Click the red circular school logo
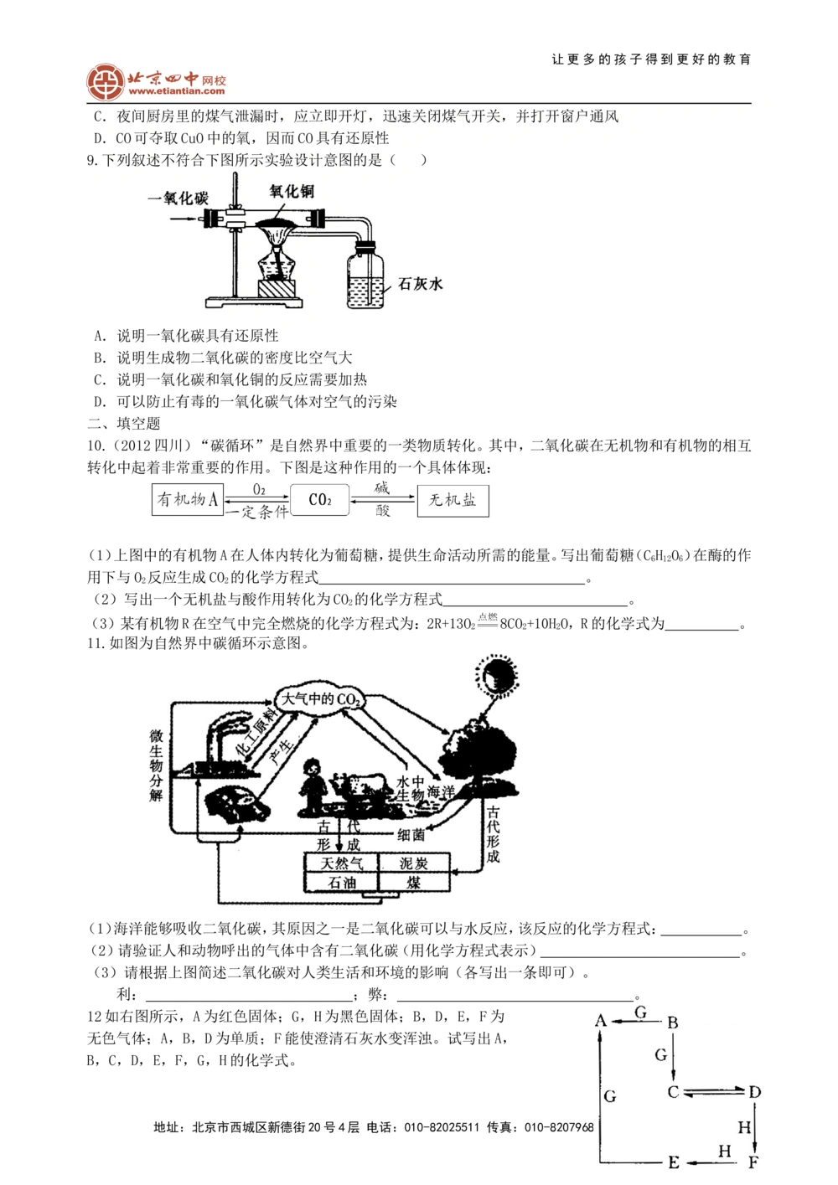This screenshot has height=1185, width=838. pos(106,81)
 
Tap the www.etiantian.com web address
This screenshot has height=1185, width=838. pos(177,91)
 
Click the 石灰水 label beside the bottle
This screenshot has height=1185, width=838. pos(420,284)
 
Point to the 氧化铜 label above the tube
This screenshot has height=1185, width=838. pos(292,192)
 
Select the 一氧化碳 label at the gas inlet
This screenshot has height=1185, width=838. pos(177,198)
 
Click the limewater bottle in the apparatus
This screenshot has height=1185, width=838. pos(365,276)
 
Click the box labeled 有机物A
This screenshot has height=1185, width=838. pos(188,500)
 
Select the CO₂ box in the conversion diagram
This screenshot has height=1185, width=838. pos(320,500)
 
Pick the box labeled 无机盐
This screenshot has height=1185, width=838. pos(453,500)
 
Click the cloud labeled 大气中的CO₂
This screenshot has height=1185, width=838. pos(321,698)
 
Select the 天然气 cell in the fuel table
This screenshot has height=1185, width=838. pos(339,863)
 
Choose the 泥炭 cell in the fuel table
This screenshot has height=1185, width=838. pos(413,863)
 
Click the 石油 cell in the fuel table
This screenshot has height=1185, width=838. pos(341,883)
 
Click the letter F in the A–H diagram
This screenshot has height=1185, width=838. pos(753,1162)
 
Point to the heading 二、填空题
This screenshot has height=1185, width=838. pos(124,424)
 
